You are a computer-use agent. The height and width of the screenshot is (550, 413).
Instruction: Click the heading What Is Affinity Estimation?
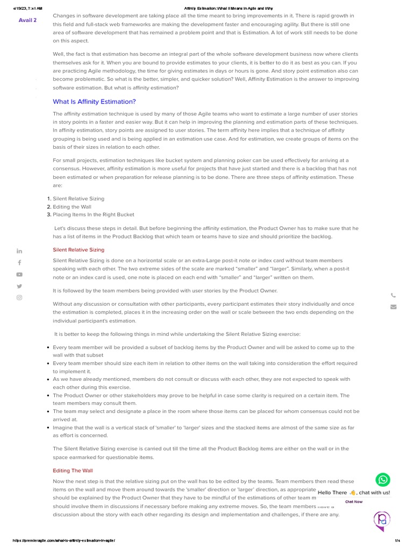(x=94, y=102)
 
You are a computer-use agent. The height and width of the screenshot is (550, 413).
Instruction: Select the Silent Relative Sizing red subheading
(x=79, y=250)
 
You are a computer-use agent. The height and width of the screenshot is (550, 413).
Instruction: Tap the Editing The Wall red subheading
(x=73, y=471)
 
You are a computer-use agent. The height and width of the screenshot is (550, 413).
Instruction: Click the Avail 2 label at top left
(x=28, y=20)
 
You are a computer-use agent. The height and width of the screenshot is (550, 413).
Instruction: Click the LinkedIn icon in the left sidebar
(x=19, y=251)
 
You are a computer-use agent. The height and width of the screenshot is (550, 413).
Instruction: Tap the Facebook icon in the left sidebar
(x=19, y=263)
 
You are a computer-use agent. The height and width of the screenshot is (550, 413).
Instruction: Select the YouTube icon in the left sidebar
(x=19, y=274)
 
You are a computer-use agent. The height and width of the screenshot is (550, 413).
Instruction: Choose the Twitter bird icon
(x=19, y=286)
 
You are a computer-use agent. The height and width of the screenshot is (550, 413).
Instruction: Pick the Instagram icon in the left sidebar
(x=19, y=298)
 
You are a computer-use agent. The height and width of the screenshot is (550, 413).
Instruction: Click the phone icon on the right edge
(x=393, y=295)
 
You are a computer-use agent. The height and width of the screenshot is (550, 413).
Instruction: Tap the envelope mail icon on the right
(x=393, y=307)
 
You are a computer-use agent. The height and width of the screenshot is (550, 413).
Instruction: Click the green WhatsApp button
(x=382, y=480)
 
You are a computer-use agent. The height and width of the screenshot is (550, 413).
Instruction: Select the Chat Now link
(x=354, y=502)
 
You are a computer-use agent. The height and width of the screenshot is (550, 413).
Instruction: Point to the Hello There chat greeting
(x=353, y=493)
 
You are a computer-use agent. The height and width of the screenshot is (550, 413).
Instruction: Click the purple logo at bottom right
(x=382, y=520)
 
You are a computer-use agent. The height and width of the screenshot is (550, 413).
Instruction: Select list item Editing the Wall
(x=72, y=207)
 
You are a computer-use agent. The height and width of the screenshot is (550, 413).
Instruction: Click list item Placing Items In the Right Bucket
(x=93, y=215)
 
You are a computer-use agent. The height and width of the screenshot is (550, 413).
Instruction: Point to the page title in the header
(x=229, y=9)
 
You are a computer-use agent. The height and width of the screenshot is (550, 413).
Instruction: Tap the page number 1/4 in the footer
(x=398, y=540)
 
